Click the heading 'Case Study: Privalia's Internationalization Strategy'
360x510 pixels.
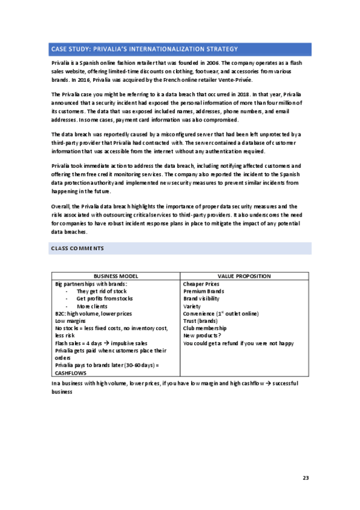click(x=144, y=49)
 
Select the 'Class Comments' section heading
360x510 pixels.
click(x=78, y=248)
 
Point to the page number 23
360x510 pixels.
click(x=305, y=478)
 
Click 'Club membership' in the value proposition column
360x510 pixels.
click(x=205, y=328)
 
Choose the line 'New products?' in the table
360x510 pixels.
click(x=203, y=336)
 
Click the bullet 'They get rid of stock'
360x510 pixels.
click(x=103, y=291)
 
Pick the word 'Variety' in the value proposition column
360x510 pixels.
click(x=192, y=306)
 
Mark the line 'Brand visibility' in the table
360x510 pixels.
click(x=202, y=299)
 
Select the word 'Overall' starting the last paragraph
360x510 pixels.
click(x=61, y=207)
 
